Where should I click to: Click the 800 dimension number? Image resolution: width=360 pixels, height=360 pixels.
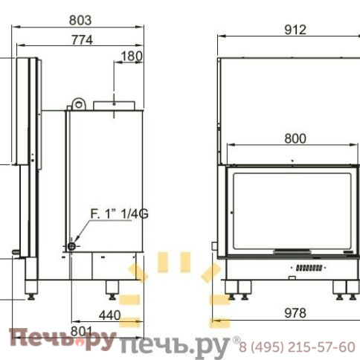295,138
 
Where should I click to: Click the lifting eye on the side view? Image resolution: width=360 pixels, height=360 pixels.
80,102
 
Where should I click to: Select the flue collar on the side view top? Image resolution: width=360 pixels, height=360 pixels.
113,105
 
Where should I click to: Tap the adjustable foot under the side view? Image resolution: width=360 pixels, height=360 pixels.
113,286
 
